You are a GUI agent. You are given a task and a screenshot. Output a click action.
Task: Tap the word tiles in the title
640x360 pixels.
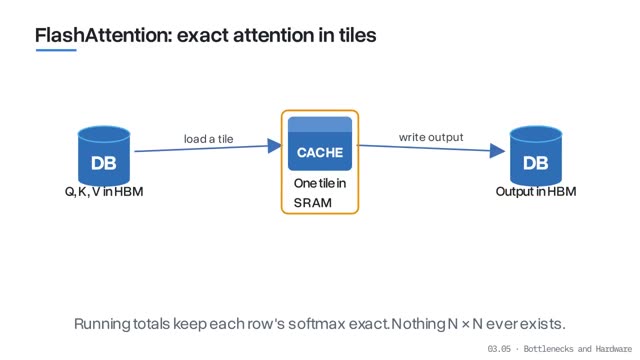tap(358, 35)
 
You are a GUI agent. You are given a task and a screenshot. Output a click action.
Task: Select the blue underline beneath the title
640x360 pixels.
tap(56, 50)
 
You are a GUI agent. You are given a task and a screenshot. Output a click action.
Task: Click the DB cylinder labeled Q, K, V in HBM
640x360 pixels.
tap(104, 156)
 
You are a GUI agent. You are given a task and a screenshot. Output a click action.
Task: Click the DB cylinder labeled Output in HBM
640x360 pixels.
tap(536, 156)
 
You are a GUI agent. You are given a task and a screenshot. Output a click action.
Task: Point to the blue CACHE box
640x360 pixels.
tap(320, 143)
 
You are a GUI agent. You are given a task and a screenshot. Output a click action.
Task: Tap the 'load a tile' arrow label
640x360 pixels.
tap(209, 139)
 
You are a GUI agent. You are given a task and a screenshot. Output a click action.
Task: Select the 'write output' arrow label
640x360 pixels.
tap(431, 137)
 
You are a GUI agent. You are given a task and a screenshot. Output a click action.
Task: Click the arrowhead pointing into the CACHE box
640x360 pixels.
tap(275, 146)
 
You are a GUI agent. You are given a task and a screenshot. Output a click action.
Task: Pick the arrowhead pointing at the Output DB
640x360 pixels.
tap(497, 151)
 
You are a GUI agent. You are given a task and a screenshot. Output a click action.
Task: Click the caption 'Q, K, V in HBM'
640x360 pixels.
tap(104, 192)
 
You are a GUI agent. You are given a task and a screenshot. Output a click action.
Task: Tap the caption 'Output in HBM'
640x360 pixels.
tap(536, 192)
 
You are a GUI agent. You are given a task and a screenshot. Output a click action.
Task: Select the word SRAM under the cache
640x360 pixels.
tap(313, 203)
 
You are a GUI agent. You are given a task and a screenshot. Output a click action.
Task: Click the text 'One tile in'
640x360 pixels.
tap(320, 183)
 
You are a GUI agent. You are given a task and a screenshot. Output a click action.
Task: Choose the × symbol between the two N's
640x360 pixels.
tap(466, 324)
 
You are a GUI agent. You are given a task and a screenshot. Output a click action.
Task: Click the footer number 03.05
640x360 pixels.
tap(499, 349)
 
